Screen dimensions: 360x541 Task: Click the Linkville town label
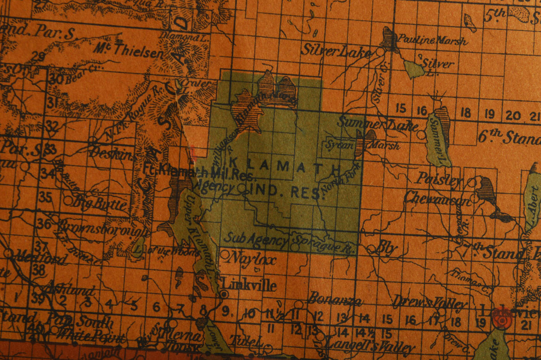tap(249, 285)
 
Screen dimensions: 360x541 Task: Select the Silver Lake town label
tap(336, 51)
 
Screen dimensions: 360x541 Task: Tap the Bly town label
tap(387, 248)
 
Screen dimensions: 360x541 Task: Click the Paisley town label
tap(439, 179)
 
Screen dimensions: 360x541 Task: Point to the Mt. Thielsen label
tap(128, 50)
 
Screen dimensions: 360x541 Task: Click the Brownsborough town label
tap(103, 228)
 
